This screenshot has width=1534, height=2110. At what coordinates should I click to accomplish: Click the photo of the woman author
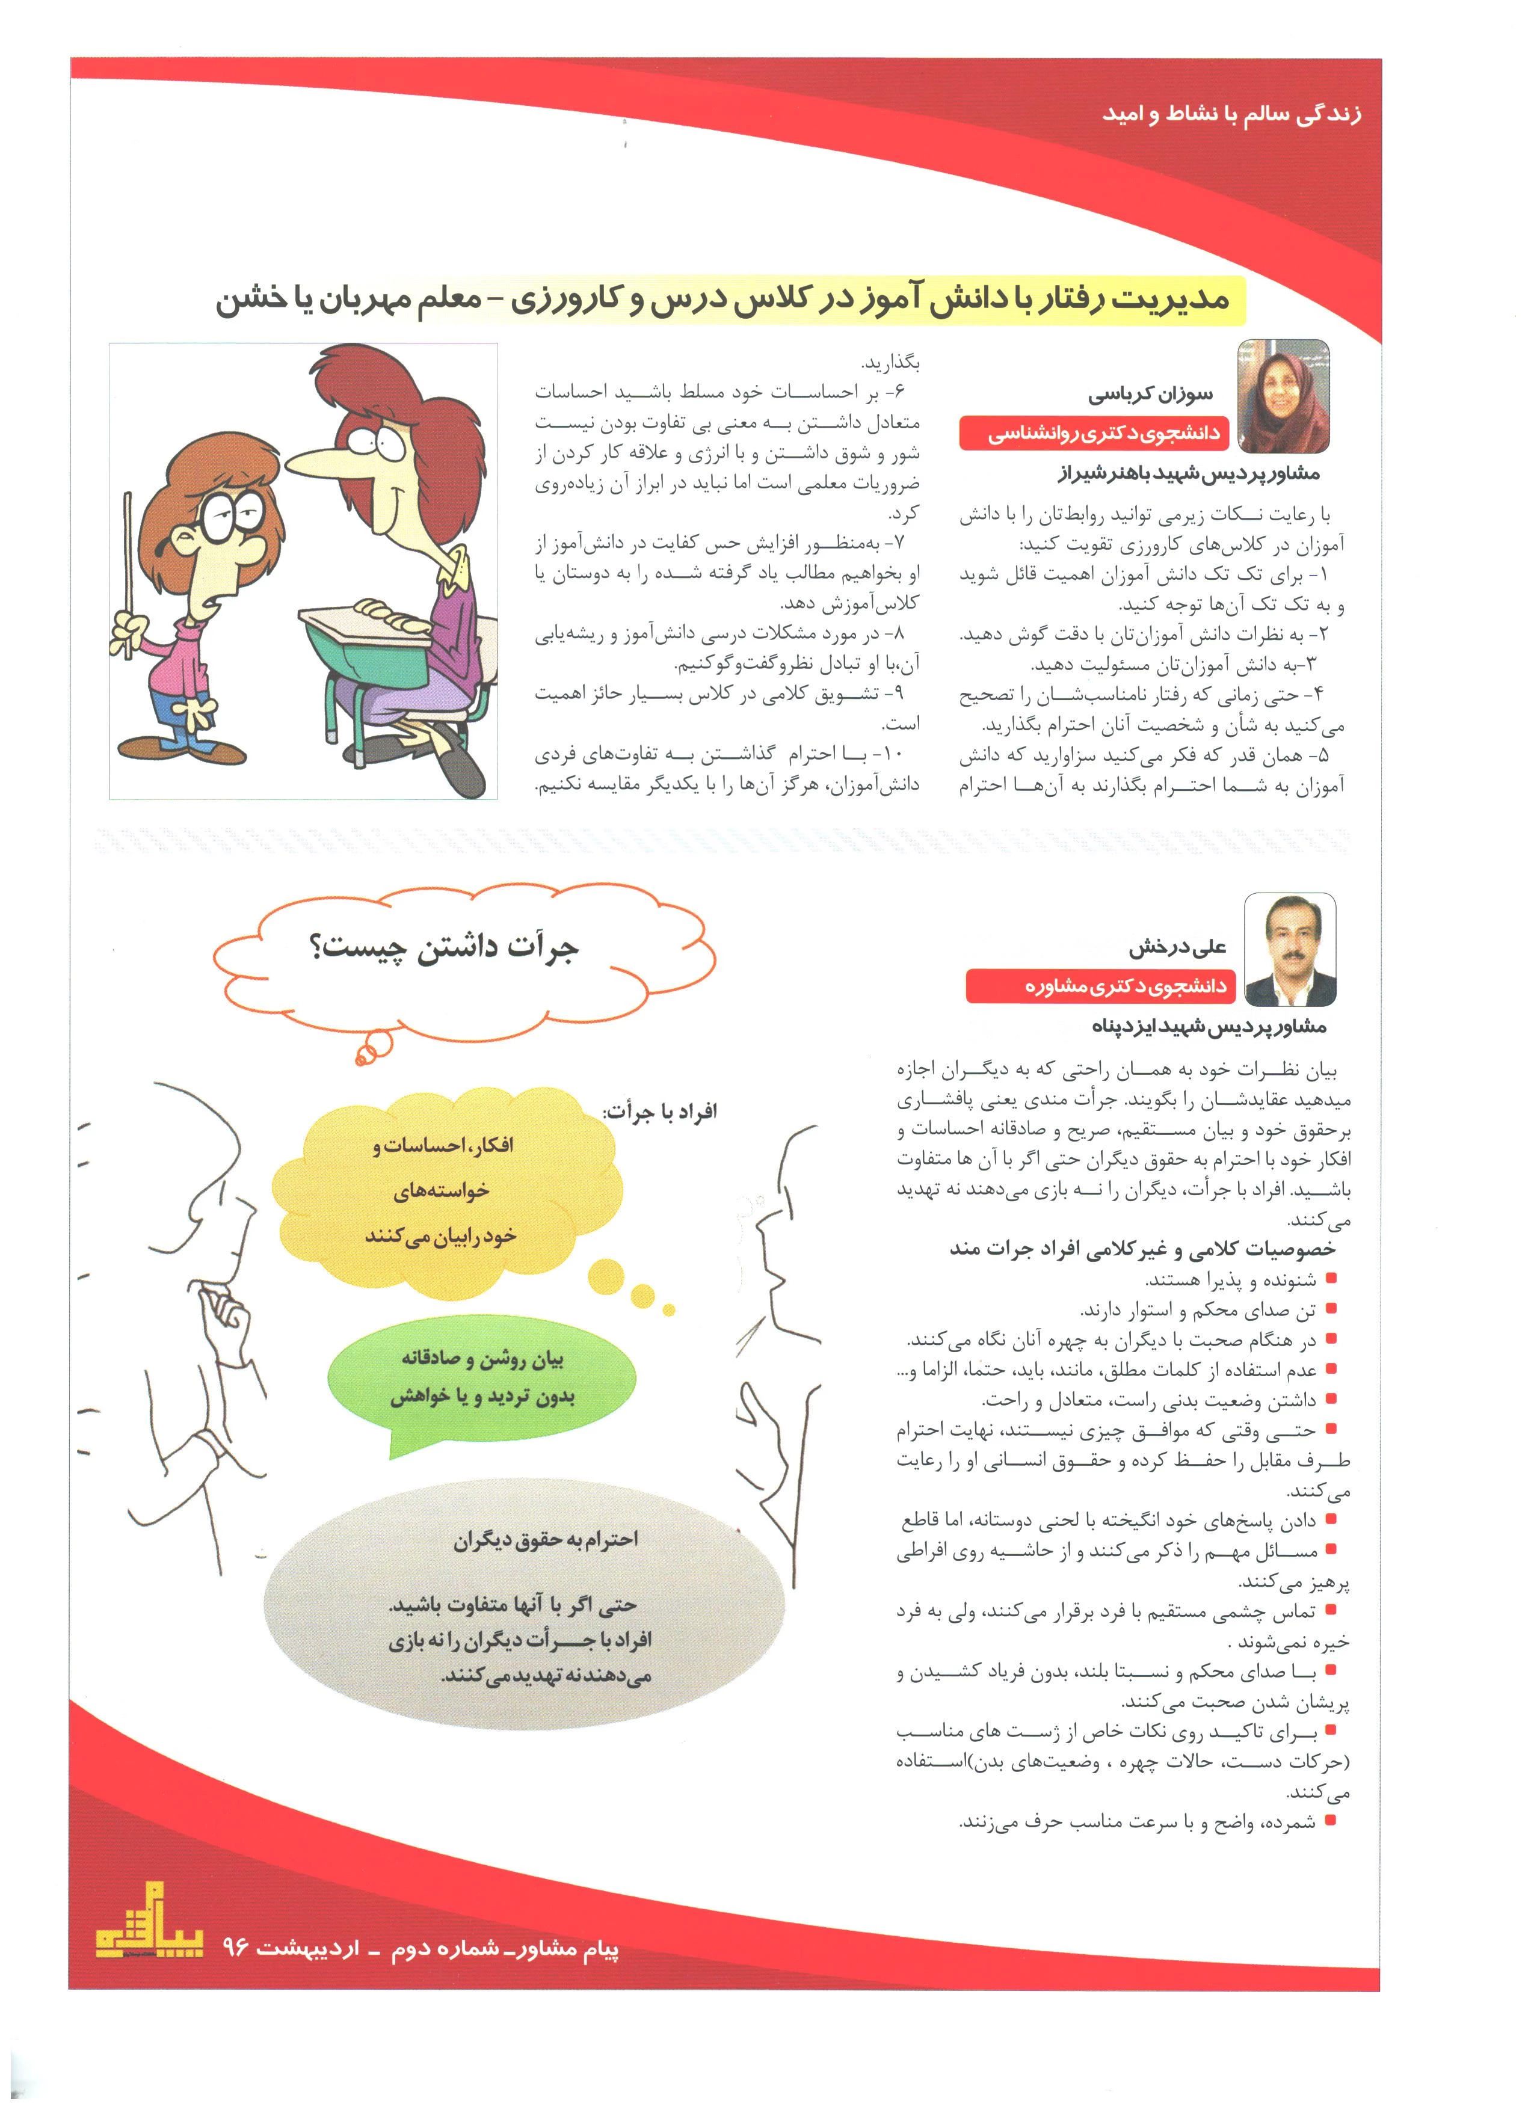1282,396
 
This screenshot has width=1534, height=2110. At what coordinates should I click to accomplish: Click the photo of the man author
1289,949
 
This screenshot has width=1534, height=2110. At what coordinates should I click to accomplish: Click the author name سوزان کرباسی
1151,395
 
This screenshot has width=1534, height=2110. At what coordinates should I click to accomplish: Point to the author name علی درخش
1178,948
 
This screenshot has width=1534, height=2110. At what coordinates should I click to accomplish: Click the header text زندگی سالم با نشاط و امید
1231,114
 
